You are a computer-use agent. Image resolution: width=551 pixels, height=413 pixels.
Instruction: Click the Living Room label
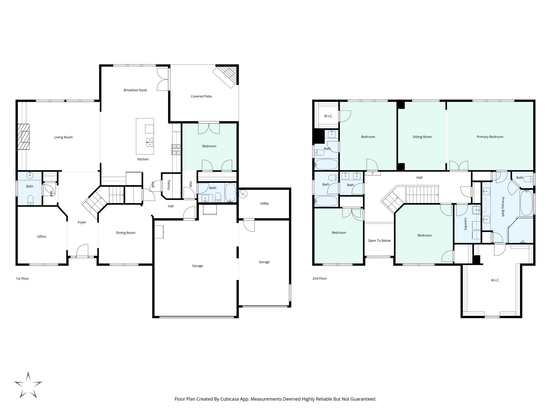point(63,137)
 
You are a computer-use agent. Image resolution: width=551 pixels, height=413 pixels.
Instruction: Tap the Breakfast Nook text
point(135,90)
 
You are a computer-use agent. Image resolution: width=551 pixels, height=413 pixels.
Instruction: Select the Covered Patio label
point(201,96)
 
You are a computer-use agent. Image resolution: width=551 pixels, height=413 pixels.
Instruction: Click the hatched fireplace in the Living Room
point(24,137)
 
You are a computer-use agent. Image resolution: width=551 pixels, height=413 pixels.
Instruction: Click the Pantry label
point(169,185)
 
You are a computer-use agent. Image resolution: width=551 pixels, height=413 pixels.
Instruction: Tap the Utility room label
point(264,203)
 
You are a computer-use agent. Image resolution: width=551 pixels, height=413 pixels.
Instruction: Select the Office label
point(41,237)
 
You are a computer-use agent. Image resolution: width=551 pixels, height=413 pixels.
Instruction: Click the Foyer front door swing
point(83,251)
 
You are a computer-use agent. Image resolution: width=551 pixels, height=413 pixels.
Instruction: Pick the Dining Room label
point(126,233)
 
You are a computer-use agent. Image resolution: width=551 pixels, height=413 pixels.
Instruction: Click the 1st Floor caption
point(22,279)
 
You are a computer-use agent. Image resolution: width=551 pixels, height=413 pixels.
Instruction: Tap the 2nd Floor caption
point(319,279)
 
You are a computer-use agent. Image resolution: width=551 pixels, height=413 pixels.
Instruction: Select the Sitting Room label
point(422,137)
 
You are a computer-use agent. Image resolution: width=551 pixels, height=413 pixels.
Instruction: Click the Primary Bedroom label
point(490,137)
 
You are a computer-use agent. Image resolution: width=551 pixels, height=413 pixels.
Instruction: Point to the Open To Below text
point(379,241)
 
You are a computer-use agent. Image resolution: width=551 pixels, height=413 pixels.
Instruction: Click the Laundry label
point(465,224)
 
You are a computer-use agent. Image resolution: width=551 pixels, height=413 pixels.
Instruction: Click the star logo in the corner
point(28,385)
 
